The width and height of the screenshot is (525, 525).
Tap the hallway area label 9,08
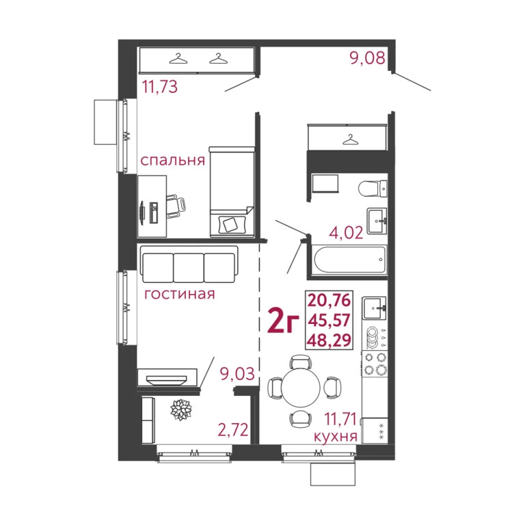[x=368, y=59]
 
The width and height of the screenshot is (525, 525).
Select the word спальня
[x=172, y=161]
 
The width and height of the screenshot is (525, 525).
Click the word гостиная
[x=179, y=295]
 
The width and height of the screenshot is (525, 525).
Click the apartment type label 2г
[x=283, y=321]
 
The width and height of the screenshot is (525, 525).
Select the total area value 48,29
[x=332, y=338]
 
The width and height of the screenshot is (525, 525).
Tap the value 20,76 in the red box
[x=332, y=299]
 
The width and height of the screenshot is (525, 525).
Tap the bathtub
[x=349, y=260]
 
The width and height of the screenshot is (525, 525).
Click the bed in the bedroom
[x=231, y=191]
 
